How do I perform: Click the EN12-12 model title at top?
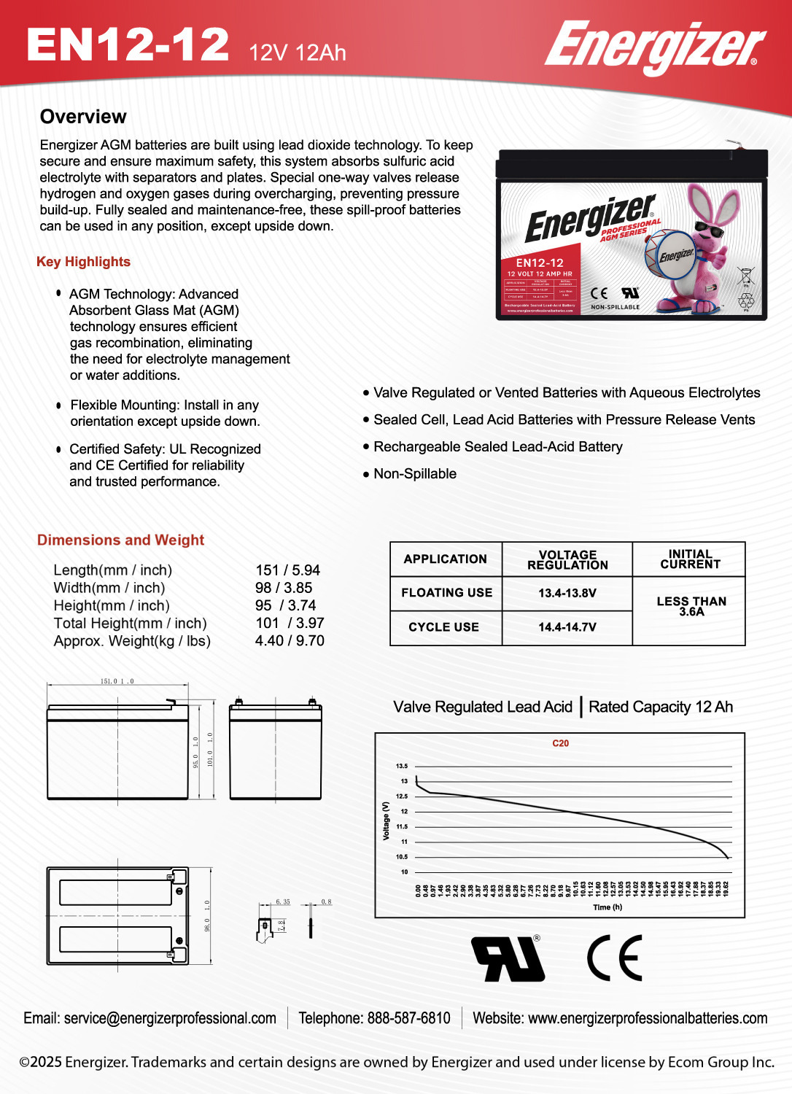click(128, 44)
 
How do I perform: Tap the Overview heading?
click(83, 117)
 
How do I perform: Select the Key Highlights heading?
click(83, 262)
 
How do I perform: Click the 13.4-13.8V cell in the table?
click(567, 593)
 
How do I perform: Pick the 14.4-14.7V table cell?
click(567, 627)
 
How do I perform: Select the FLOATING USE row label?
click(446, 593)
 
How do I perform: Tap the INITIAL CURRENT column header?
click(690, 559)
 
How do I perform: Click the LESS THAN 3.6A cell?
click(691, 606)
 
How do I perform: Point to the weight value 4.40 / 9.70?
click(290, 640)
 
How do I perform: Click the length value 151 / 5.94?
click(287, 570)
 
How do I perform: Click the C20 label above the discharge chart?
click(560, 743)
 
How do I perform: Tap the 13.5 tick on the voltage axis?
click(402, 766)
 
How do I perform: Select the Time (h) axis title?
click(607, 907)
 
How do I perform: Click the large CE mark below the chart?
click(615, 958)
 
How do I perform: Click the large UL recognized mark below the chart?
click(508, 958)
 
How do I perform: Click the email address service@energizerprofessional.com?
click(170, 1018)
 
